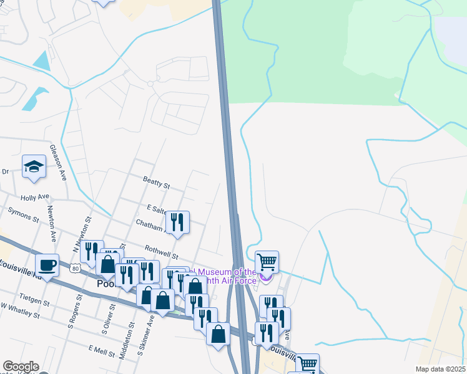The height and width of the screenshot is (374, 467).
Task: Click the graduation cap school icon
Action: click(34, 166)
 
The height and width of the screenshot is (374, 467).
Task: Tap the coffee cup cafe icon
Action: click(47, 266)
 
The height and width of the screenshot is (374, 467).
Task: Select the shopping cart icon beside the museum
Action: click(267, 262)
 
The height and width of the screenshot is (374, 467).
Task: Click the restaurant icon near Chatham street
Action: click(177, 222)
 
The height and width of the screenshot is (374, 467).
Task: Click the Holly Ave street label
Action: click(34, 197)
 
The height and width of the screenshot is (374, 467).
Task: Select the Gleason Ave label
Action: click(62, 168)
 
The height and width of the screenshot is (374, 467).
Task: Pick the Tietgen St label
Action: click(34, 302)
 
